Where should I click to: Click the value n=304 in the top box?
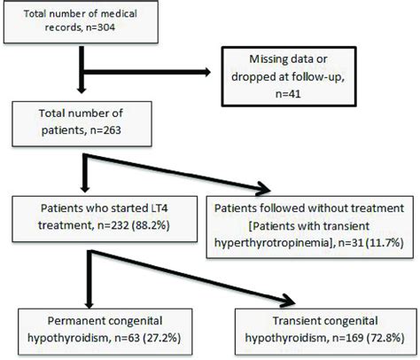point(100,27)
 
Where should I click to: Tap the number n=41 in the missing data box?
point(288,94)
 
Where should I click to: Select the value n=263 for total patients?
point(105,130)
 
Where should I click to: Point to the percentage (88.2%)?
point(151,225)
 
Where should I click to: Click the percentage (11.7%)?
point(385,243)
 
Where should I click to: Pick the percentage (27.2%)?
point(161,338)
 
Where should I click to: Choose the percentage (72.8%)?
point(385,338)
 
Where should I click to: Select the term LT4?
point(159,208)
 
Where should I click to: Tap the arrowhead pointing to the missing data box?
point(206,72)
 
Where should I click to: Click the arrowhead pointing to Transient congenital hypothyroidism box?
point(288,301)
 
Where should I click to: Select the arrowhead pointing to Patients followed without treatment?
point(263,189)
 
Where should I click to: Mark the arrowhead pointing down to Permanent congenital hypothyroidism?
point(89,304)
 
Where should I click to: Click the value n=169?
point(348,338)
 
